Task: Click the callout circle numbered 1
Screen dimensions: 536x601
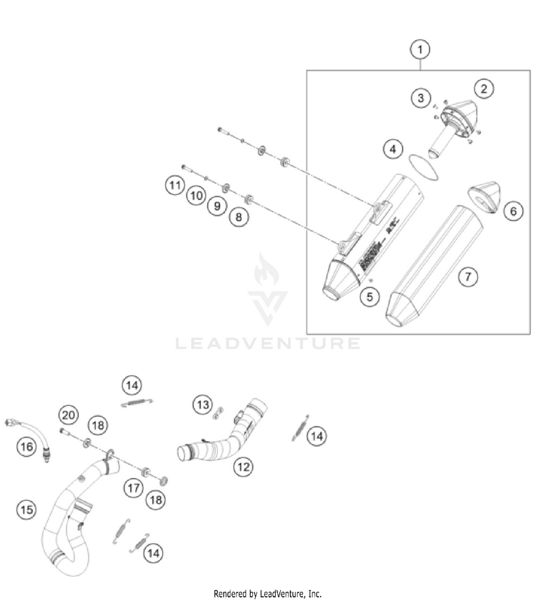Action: point(420,50)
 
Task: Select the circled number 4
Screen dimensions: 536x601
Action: point(392,149)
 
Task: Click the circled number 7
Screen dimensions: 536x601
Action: point(467,277)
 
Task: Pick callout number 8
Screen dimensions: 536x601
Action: point(239,215)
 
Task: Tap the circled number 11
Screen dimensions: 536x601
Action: point(174,187)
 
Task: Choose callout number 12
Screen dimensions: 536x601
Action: point(243,467)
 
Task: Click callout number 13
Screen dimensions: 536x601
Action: point(204,405)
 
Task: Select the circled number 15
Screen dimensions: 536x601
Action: point(26,510)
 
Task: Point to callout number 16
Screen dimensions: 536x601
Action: point(26,447)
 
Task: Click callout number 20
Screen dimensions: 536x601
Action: point(69,414)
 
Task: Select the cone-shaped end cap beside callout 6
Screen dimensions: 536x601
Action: point(484,197)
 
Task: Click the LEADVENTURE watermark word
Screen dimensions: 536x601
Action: point(268,344)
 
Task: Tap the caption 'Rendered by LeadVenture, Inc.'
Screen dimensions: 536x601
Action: point(268,593)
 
